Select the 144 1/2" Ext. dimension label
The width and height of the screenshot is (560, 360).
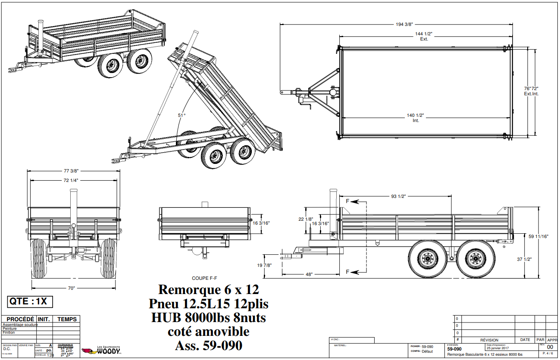tap(424, 36)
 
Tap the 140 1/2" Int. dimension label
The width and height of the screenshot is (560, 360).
tap(416, 118)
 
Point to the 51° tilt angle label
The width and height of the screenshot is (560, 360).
tap(181, 115)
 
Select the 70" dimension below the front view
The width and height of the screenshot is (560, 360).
tap(71, 288)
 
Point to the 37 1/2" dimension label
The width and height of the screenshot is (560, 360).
tap(536, 259)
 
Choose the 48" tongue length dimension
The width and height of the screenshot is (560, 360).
tap(309, 274)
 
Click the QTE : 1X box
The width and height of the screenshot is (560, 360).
tap(30, 301)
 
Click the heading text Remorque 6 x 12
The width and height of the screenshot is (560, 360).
tap(209, 289)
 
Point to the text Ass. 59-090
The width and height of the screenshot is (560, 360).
tap(209, 345)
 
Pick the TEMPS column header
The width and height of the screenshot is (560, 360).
tap(67, 319)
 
